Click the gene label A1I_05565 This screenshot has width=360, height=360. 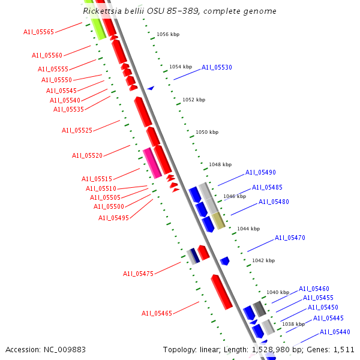pos(38,32)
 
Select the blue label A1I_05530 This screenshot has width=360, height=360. pos(217,68)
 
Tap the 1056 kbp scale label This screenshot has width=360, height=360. pos(167,35)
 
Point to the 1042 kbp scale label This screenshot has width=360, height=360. pos(263,260)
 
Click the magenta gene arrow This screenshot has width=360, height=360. pos(152,163)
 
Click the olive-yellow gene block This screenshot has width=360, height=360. pos(218,220)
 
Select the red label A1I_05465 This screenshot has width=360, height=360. pos(157,313)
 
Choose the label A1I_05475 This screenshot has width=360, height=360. pos(139,274)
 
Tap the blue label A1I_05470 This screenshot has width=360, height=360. pos(290,238)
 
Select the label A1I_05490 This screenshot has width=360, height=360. pos(260,173)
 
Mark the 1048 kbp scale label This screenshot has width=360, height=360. pos(220,164)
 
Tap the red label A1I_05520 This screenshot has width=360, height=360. pos(87,155)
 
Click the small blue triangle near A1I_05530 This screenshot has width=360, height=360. pos(151,88)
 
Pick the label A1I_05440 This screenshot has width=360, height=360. pos(335,332)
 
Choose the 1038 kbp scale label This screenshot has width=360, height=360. pos(293,324)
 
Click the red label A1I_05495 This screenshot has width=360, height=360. pos(113,218)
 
